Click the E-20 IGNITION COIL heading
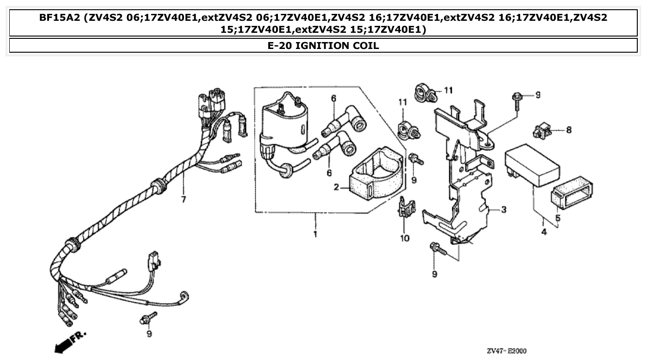click(x=323, y=45)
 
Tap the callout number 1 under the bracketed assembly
click(x=315, y=234)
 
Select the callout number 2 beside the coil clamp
click(x=337, y=187)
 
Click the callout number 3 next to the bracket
click(x=504, y=210)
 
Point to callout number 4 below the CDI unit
click(x=544, y=232)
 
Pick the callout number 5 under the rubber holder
click(x=558, y=218)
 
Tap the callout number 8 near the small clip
click(x=568, y=130)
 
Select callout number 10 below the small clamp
click(x=405, y=238)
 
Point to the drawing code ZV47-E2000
click(x=506, y=351)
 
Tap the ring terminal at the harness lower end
click(x=186, y=296)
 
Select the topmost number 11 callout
click(x=448, y=90)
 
